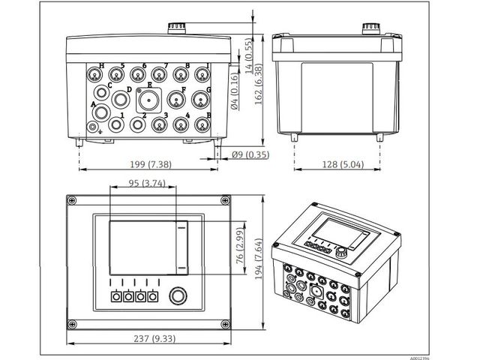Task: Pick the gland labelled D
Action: [120, 99]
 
